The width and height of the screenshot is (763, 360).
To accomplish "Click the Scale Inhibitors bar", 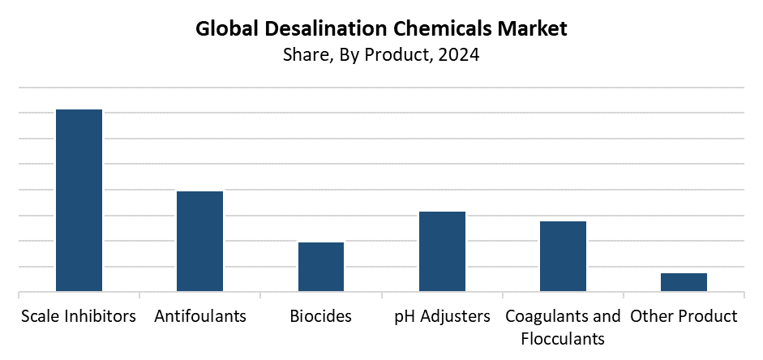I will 79,200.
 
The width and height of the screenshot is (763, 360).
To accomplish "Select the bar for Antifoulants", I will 199,241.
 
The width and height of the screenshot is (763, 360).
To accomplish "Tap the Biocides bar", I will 321,267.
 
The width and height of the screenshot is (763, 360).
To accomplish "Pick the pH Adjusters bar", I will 442,251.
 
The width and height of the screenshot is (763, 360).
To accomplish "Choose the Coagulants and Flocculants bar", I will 563,256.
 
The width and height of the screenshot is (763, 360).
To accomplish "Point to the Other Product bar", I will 684,282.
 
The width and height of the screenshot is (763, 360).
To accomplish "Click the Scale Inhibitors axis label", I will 79,315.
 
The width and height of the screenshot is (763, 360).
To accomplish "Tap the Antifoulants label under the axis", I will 199,315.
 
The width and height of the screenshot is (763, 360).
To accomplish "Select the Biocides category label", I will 321,315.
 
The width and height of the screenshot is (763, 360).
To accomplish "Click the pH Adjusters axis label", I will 442,315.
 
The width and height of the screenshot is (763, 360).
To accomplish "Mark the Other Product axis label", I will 684,315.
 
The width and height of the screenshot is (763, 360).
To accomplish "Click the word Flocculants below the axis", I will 563,337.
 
